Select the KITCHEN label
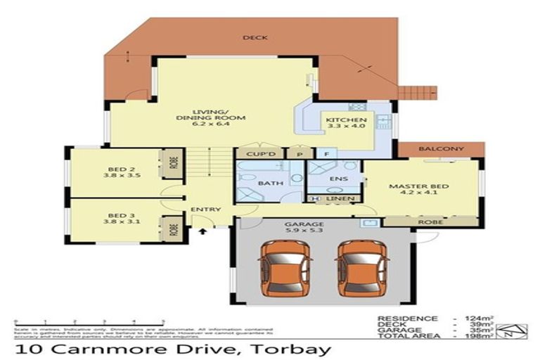click(342, 124)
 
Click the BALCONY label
click(441, 149)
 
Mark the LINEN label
click(339, 200)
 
